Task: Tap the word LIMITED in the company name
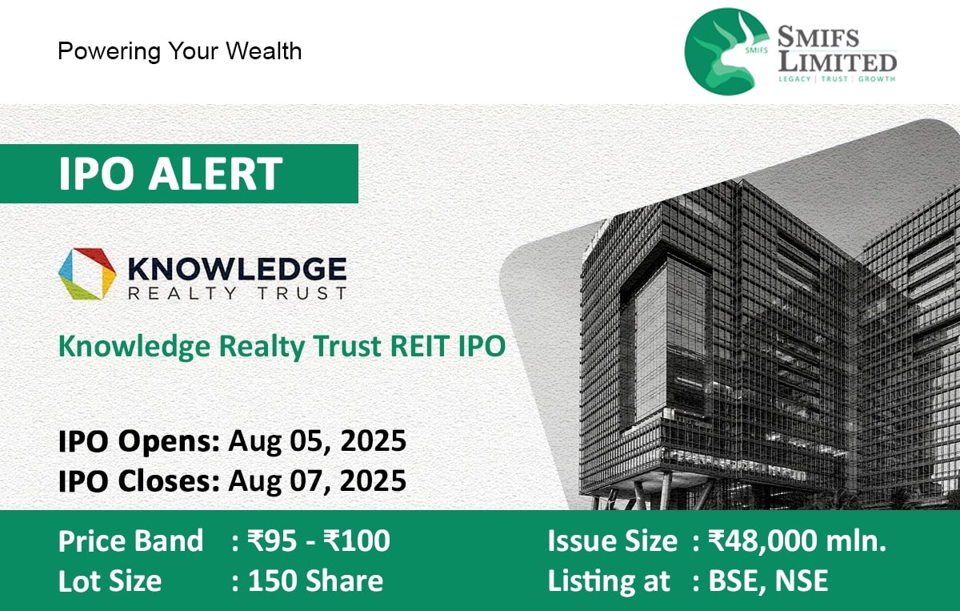tap(838, 62)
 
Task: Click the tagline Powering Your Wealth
tap(179, 51)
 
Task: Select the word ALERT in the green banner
tap(215, 173)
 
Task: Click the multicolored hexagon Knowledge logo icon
tap(87, 274)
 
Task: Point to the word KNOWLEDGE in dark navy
tap(237, 268)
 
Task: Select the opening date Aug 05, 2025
tap(317, 440)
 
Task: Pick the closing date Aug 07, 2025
tap(317, 480)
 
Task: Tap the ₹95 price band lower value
tap(272, 541)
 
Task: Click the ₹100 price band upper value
tap(357, 541)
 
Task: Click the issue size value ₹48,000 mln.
tap(797, 541)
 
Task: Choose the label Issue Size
tap(613, 541)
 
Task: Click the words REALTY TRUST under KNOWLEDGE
tap(237, 293)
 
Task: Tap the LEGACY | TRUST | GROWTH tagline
tap(837, 79)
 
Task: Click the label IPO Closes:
tap(139, 480)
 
